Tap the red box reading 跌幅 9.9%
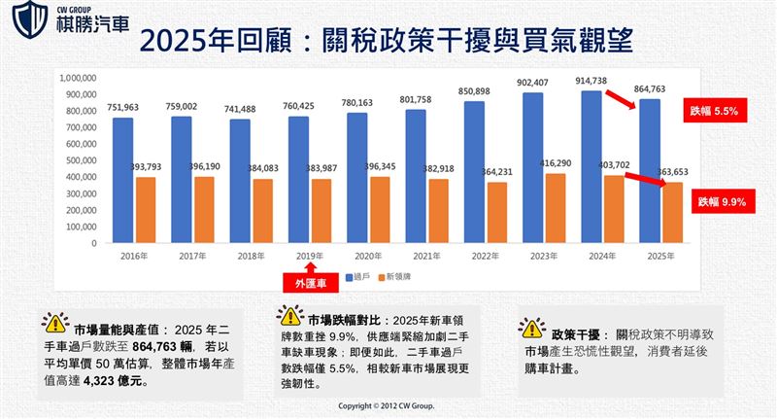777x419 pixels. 720,202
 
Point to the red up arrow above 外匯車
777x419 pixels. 310,264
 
